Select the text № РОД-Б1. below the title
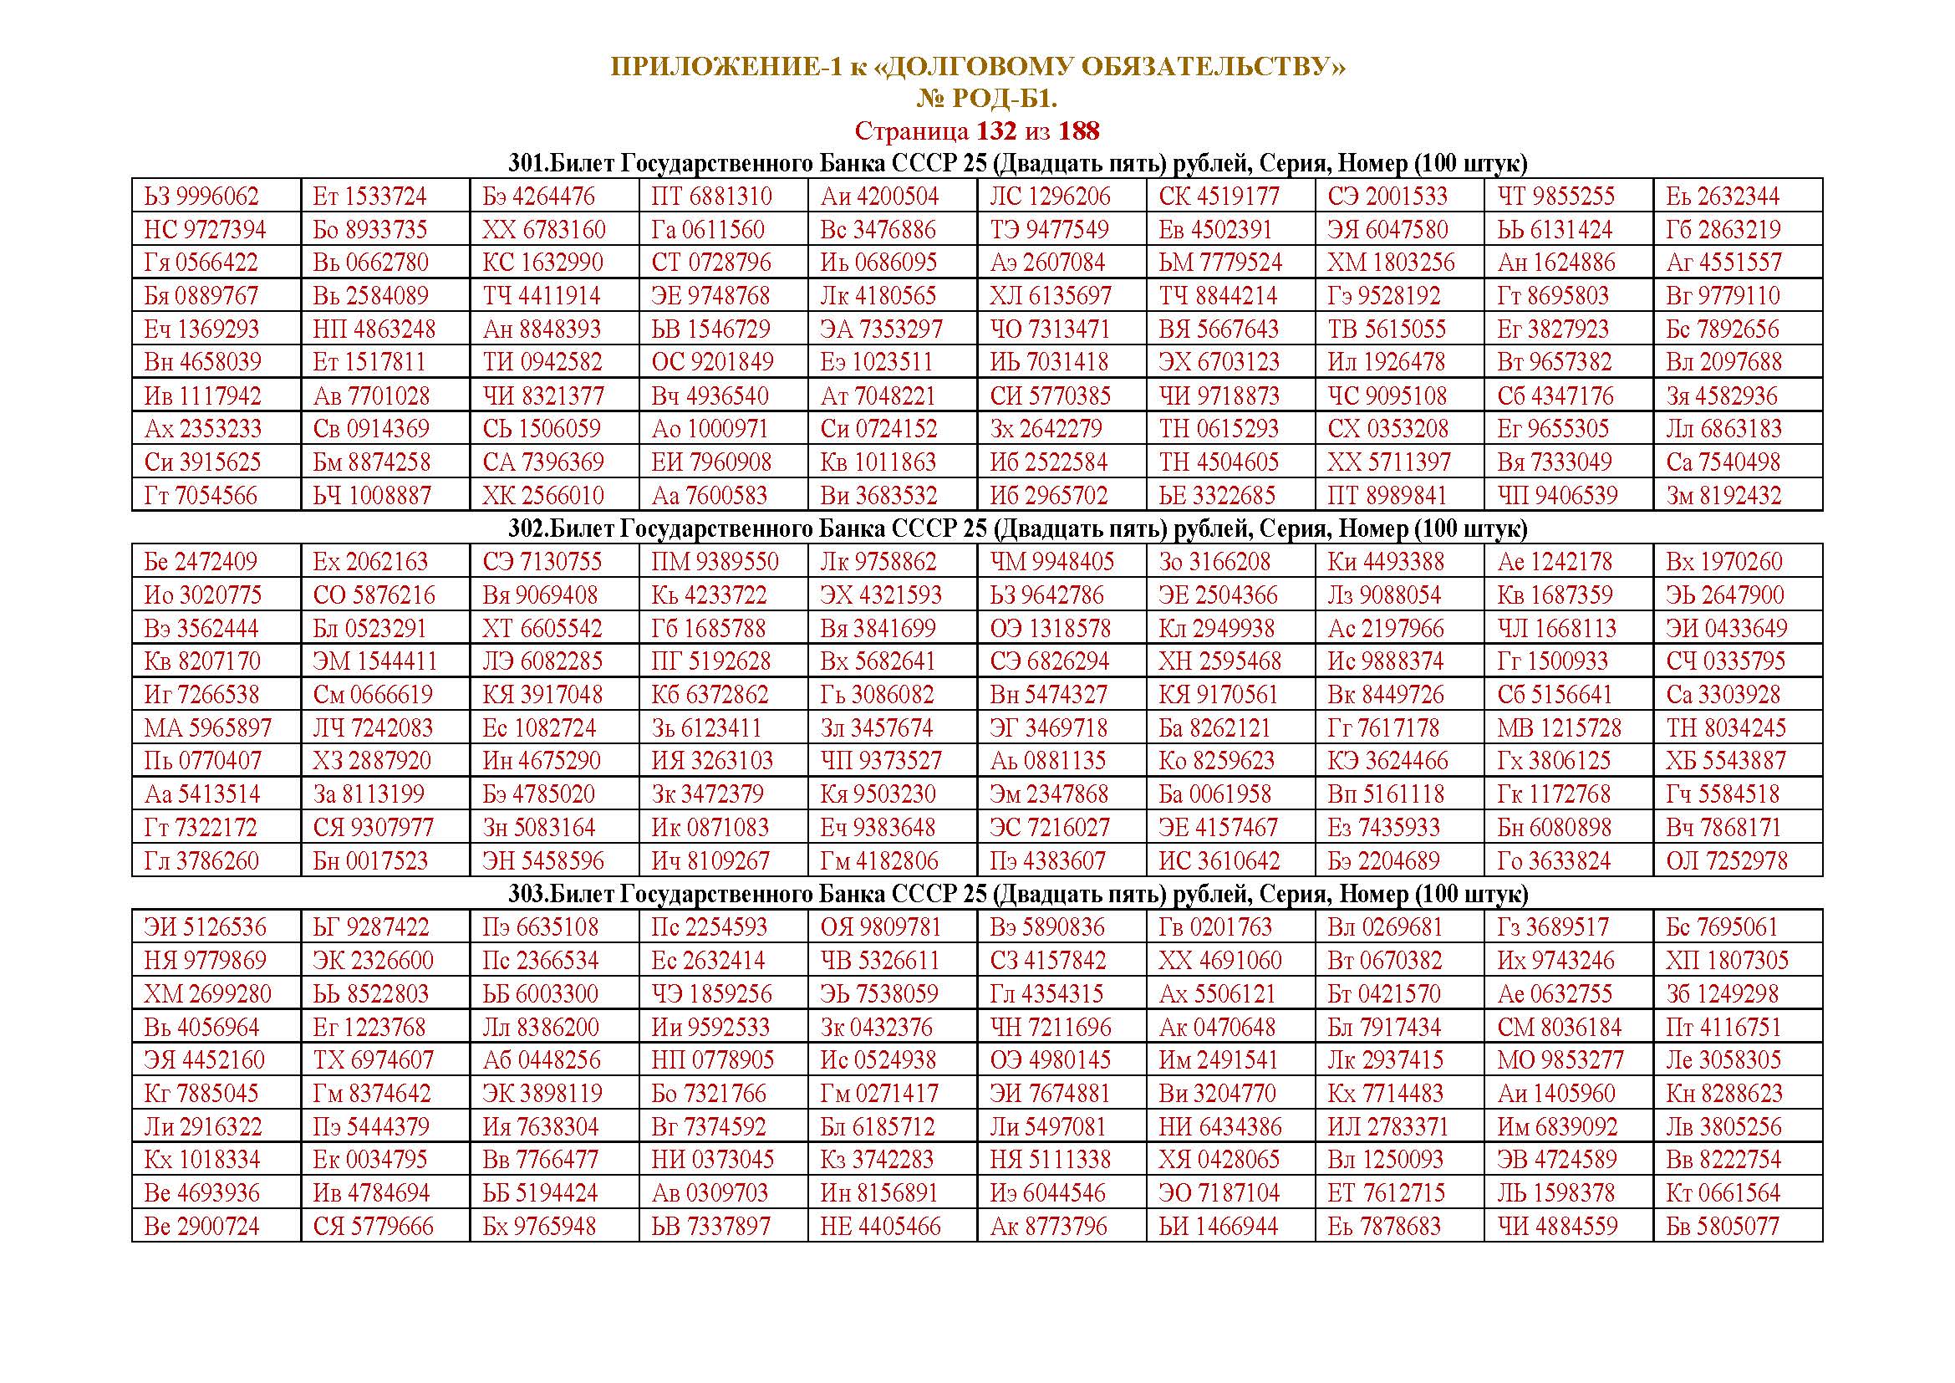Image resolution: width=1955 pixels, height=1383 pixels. pyautogui.click(x=986, y=100)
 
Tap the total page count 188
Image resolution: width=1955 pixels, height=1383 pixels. pyautogui.click(x=1079, y=131)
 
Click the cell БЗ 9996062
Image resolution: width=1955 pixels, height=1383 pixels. pyautogui.click(x=201, y=196)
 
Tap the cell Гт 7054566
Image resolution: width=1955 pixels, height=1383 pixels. pyautogui.click(x=201, y=496)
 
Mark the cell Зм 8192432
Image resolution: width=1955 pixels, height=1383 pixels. pyautogui.click(x=1723, y=496)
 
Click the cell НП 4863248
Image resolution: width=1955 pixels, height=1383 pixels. pyautogui.click(x=374, y=329)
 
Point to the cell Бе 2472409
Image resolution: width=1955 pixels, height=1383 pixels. pyautogui.click(x=201, y=562)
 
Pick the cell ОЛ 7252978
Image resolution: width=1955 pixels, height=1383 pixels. pyautogui.click(x=1723, y=861)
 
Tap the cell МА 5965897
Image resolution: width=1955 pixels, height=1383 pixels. pyautogui.click(x=208, y=728)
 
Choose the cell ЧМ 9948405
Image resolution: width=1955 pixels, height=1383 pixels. pyautogui.click(x=1051, y=562)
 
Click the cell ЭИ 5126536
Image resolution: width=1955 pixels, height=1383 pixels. pyautogui.click(x=206, y=927)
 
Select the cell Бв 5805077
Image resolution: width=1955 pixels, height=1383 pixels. pyautogui.click(x=1723, y=1227)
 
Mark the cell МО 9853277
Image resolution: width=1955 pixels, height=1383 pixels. pyautogui.click(x=1560, y=1060)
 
